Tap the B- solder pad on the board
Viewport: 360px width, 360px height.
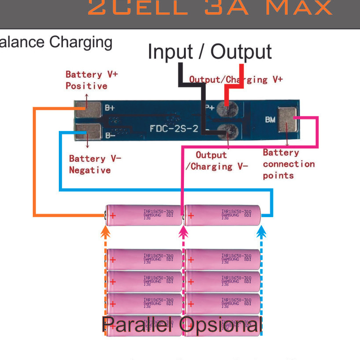click(87, 131)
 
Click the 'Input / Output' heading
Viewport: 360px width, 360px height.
click(209, 52)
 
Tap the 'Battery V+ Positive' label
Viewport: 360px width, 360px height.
click(92, 80)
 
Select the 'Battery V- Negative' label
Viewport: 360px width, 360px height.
click(95, 164)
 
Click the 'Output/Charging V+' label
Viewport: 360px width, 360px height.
click(236, 80)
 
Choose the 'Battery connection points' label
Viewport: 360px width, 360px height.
click(288, 164)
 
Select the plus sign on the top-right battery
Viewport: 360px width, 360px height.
click(191, 216)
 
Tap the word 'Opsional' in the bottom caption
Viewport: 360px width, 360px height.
click(221, 325)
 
